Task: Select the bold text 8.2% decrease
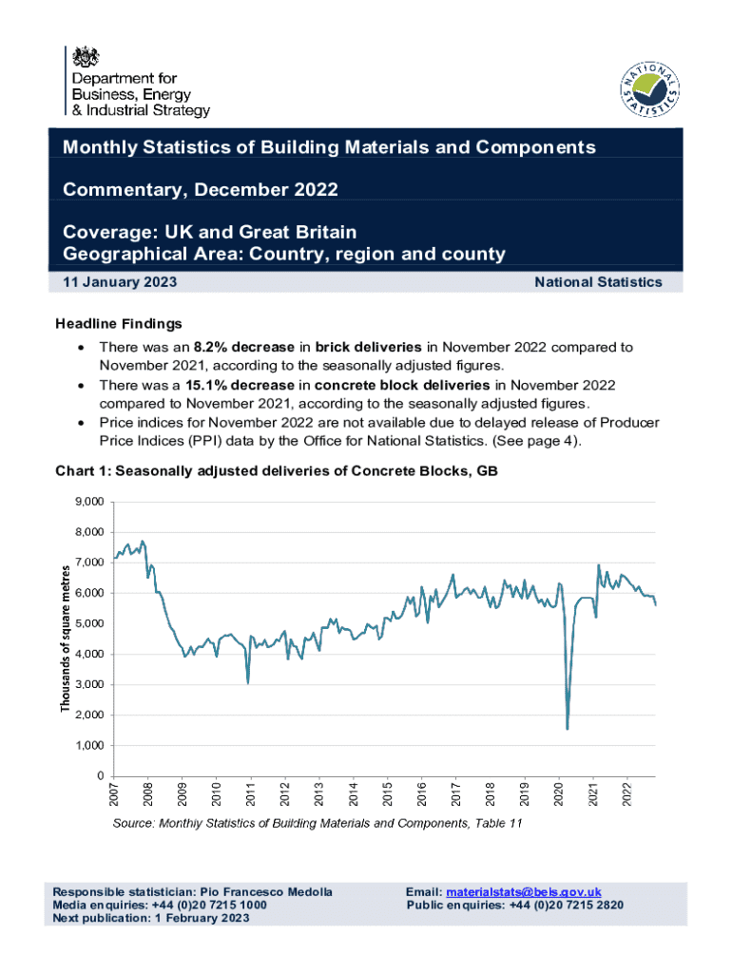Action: coord(239,348)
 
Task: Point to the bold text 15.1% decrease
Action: coord(239,384)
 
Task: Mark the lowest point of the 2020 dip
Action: coord(568,729)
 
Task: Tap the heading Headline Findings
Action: coord(119,324)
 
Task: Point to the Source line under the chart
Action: coord(318,824)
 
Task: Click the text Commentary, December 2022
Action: coord(200,189)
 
